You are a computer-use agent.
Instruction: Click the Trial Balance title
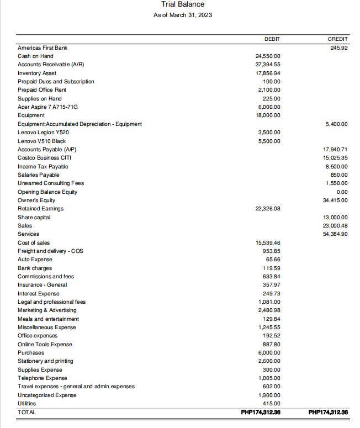182,4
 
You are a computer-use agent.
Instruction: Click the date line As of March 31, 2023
182,15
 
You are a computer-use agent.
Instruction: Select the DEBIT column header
272,39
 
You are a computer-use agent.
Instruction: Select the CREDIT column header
337,39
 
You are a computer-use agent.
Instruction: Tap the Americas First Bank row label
43,48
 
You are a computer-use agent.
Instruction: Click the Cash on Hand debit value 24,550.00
268,56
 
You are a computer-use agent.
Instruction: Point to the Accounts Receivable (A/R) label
50,65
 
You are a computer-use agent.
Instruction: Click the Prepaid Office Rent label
42,89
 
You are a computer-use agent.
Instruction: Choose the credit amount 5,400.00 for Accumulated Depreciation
337,124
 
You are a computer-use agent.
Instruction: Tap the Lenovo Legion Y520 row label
43,133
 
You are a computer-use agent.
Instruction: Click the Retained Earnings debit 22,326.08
268,208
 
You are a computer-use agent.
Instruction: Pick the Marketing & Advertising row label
47,310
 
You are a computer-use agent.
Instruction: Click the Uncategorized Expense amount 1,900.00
269,395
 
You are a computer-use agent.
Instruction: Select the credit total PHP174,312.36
328,412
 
